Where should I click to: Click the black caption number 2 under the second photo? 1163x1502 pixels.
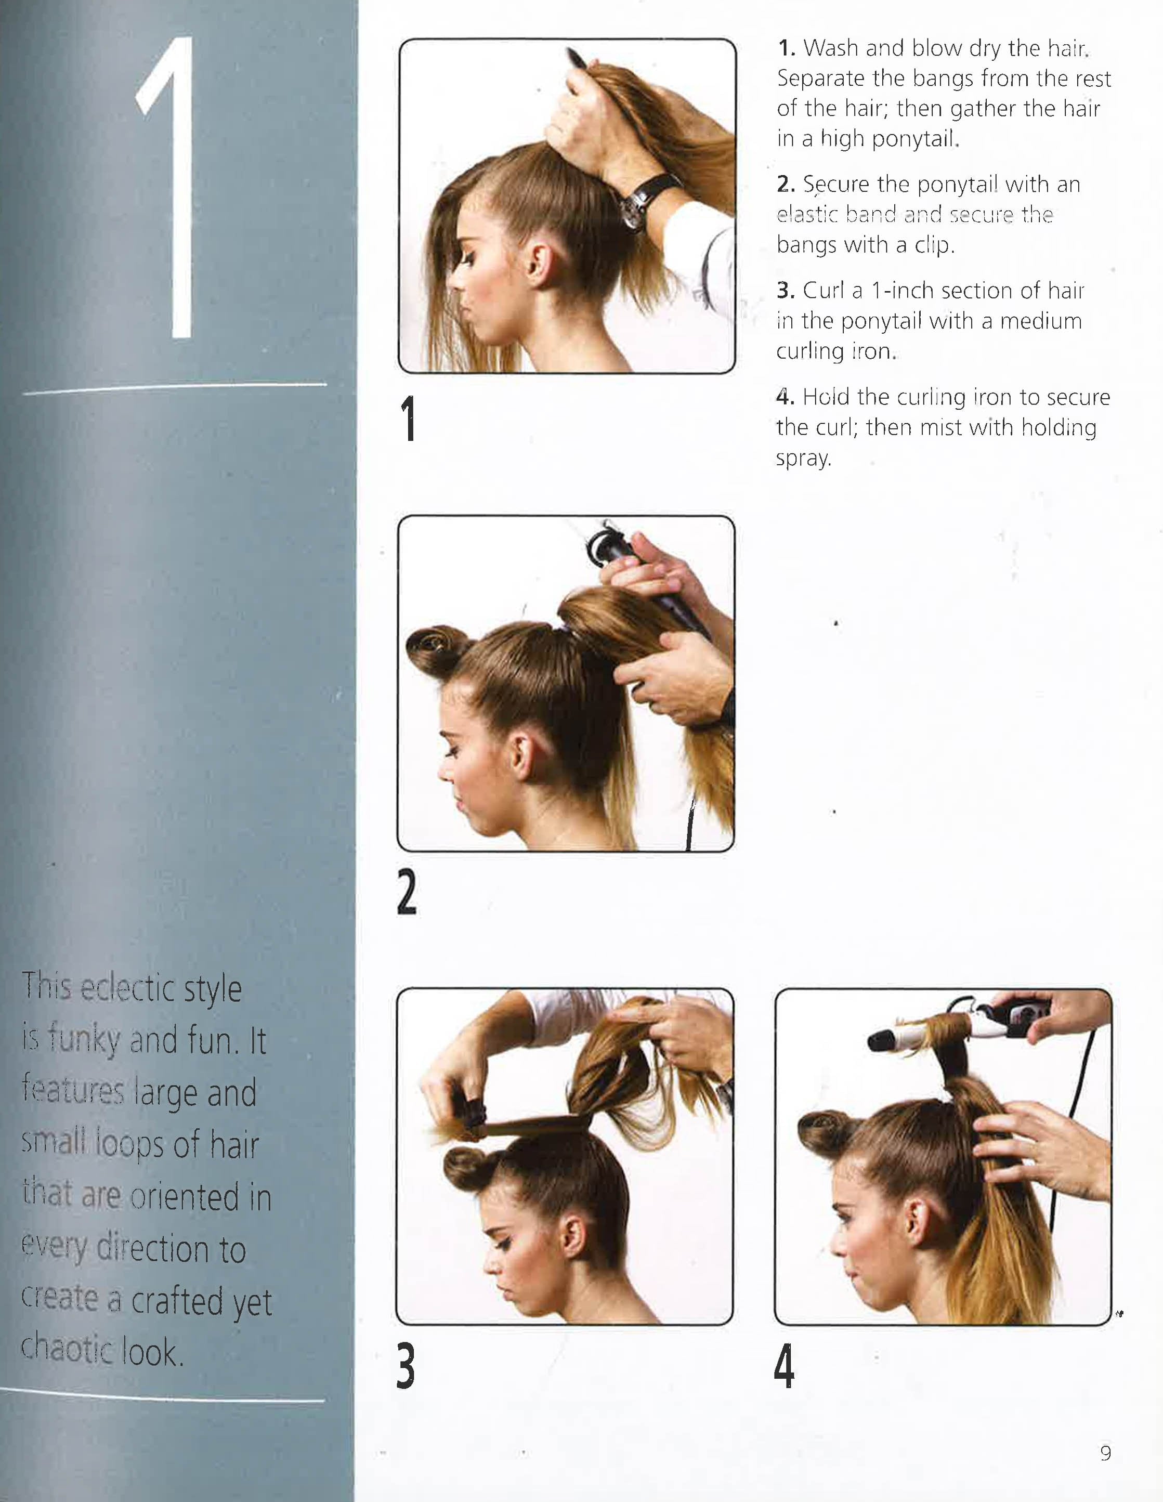[x=407, y=892]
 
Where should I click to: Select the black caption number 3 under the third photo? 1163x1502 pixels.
[x=407, y=1365]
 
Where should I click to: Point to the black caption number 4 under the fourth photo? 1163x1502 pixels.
[x=784, y=1365]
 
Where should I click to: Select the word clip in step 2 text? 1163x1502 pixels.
[x=933, y=245]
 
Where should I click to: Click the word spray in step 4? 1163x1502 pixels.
[x=803, y=459]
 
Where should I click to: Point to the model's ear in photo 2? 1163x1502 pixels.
[x=520, y=757]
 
